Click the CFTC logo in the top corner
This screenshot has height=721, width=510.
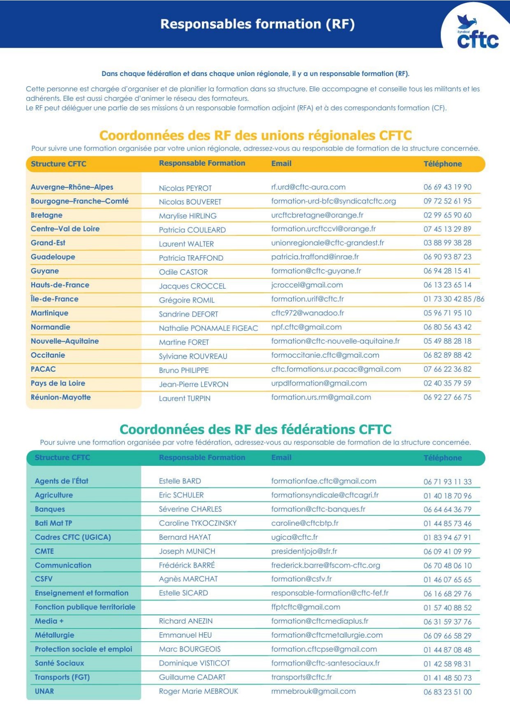coord(478,33)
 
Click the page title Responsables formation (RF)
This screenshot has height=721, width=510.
coord(257,24)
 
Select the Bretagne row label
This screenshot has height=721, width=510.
coord(46,215)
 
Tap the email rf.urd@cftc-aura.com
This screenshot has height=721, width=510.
coord(308,187)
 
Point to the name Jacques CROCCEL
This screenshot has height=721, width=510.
coord(192,286)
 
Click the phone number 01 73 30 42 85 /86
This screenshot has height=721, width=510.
coord(454,299)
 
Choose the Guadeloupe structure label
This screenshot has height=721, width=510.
coord(53,257)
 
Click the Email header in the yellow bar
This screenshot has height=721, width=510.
coord(281,164)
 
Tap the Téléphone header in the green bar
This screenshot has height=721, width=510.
coord(443,458)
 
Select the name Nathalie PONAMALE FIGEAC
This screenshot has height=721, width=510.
coord(208,328)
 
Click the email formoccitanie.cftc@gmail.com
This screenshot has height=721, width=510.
coord(325,355)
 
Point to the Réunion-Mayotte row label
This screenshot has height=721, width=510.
coord(60,397)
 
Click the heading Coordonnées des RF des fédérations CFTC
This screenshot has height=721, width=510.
coord(255,430)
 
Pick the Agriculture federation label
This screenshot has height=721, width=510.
coord(54,495)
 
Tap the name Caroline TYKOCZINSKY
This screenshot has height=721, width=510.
coord(197,523)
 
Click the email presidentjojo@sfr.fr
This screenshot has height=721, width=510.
coord(304,551)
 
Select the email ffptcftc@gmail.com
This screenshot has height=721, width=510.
coord(306,607)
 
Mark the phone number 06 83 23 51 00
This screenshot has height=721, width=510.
coord(447,692)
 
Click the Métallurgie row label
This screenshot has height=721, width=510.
coord(54,635)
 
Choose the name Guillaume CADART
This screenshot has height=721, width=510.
coord(192,677)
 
